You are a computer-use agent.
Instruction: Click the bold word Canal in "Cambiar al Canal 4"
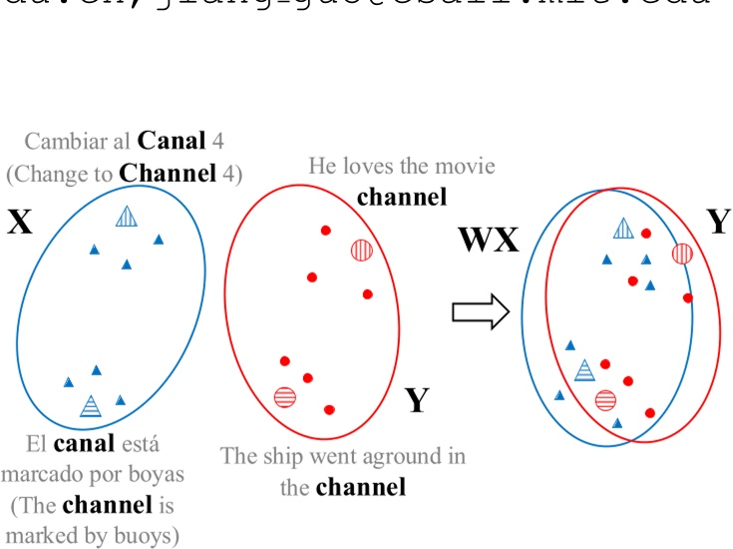click(174, 143)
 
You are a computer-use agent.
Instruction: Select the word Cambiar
click(63, 143)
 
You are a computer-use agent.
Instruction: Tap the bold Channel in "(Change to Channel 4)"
click(167, 173)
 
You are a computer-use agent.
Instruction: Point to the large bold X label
click(20, 222)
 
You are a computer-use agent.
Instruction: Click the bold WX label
click(488, 241)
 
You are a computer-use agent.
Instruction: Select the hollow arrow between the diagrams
click(480, 312)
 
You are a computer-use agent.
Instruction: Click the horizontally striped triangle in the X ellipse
click(91, 405)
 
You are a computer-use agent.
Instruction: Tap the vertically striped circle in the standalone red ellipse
click(361, 250)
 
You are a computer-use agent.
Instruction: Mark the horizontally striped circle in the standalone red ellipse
click(285, 396)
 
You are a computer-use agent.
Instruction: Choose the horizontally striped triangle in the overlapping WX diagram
click(585, 371)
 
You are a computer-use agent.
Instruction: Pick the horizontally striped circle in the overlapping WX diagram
click(605, 400)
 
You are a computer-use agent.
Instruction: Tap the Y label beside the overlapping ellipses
click(718, 223)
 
